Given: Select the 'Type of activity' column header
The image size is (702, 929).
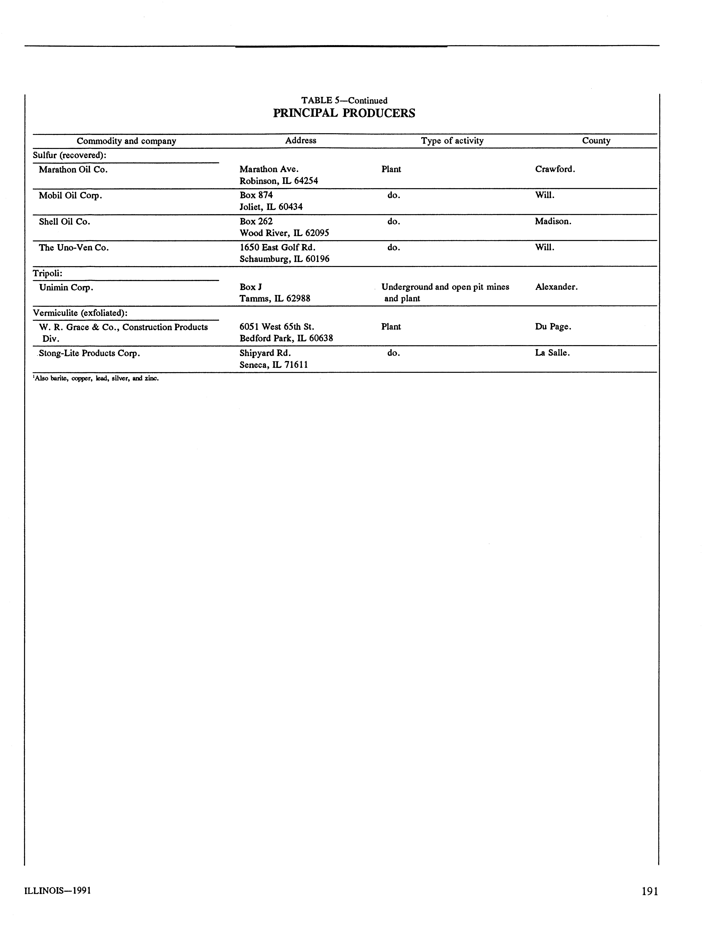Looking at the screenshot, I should pyautogui.click(x=452, y=141).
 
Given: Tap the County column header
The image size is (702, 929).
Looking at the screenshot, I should pyautogui.click(x=596, y=141).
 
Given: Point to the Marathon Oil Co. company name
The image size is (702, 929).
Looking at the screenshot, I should pyautogui.click(x=73, y=170).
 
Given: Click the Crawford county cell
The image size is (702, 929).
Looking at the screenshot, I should pyautogui.click(x=555, y=169).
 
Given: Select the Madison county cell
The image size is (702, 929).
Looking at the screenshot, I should pyautogui.click(x=553, y=221).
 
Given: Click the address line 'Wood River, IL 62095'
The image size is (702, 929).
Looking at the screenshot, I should pyautogui.click(x=284, y=233).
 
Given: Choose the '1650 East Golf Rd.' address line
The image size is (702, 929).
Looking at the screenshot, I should pyautogui.click(x=277, y=247).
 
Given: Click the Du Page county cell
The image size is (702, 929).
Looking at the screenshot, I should pyautogui.click(x=553, y=327).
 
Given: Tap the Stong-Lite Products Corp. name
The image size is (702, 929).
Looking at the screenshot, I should pyautogui.click(x=89, y=353).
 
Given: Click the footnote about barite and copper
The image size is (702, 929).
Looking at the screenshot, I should pyautogui.click(x=96, y=378).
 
